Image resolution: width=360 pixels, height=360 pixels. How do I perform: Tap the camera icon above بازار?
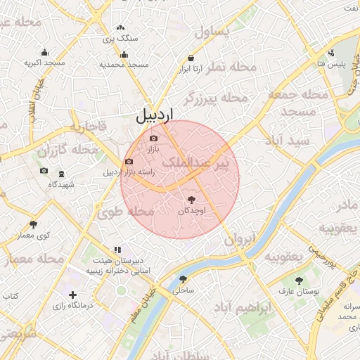[154, 138]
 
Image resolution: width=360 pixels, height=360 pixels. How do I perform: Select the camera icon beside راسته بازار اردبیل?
[129, 162]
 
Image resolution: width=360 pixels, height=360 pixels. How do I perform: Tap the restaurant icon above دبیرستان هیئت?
[117, 249]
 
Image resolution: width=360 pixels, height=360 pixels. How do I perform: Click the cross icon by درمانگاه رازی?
[72, 295]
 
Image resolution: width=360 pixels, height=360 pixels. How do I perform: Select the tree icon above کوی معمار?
[33, 224]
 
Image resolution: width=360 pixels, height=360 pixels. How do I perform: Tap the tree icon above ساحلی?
[184, 279]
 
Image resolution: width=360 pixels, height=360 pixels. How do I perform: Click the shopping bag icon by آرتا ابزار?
[191, 58]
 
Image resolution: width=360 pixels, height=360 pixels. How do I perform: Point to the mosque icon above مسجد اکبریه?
[45, 53]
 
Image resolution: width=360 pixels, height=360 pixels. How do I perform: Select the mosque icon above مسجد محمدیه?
[124, 54]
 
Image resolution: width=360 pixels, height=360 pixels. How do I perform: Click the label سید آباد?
[288, 140]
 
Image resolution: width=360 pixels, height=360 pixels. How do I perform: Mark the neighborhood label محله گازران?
[67, 150]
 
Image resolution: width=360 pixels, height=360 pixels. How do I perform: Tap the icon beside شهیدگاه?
[61, 174]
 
